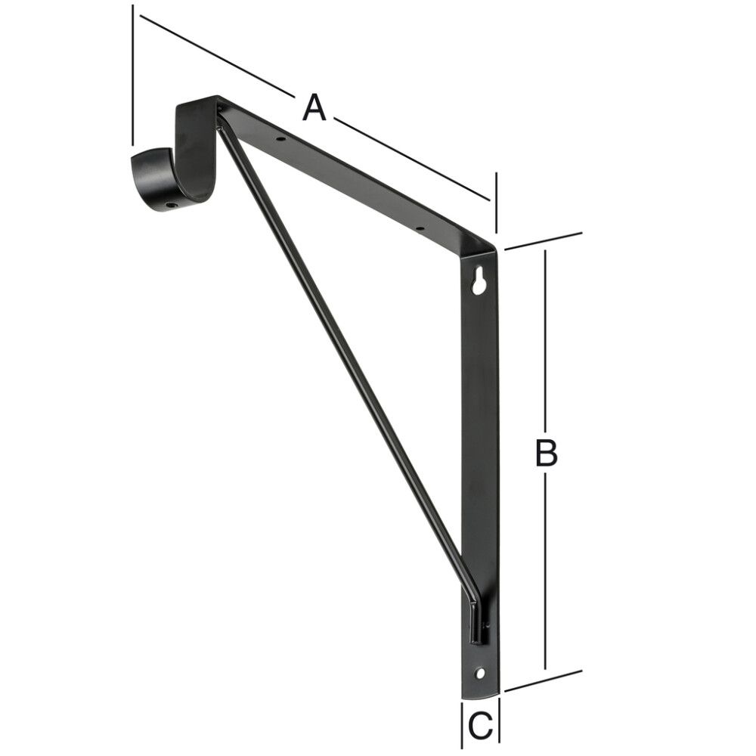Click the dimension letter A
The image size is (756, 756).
pyautogui.click(x=314, y=107)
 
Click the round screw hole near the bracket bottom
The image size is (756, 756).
pyautogui.click(x=479, y=672)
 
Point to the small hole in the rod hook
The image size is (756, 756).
pyautogui.click(x=172, y=203)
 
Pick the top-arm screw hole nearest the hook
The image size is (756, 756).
pyautogui.click(x=280, y=139)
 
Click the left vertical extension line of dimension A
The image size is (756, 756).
pyautogui.click(x=133, y=76)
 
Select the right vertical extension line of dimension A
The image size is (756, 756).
pyautogui.click(x=496, y=203)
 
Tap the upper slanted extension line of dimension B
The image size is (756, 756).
pyautogui.click(x=543, y=240)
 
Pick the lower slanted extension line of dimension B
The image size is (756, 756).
pyautogui.click(x=543, y=680)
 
